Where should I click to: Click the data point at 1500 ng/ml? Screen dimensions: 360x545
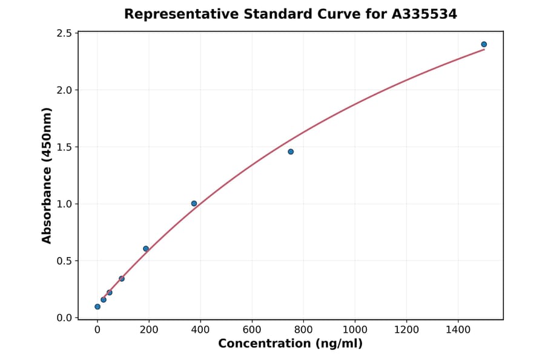484,44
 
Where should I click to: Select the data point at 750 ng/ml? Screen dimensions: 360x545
291,152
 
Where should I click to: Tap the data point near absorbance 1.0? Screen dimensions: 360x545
194,204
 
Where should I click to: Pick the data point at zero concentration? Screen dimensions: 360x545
97,307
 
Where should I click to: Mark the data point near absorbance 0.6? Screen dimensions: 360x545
146,248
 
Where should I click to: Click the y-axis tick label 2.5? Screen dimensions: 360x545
64,33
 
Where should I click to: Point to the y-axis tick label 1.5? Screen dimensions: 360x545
64,147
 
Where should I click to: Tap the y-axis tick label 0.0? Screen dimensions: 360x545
64,318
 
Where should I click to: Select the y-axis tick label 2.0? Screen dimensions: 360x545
64,90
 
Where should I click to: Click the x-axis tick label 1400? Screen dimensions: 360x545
458,330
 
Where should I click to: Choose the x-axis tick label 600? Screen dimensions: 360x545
252,330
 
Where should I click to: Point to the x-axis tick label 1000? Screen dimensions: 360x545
355,330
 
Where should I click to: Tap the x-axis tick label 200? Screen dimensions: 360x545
149,330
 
